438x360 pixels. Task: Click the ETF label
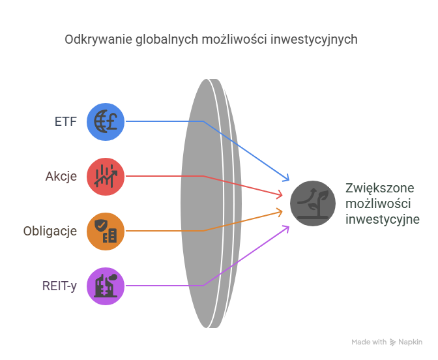click(66, 121)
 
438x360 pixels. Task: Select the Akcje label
click(61, 176)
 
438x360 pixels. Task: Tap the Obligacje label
click(50, 231)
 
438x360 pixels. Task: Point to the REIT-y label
click(58, 286)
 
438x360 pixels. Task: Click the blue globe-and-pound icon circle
click(106, 121)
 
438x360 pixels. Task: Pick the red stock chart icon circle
click(106, 176)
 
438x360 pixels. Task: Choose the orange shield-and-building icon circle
click(106, 231)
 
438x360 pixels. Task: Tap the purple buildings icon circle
click(106, 286)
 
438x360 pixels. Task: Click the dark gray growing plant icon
click(313, 203)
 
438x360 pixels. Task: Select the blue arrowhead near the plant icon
click(285, 177)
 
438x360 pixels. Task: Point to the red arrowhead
click(280, 194)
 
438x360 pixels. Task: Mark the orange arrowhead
click(280, 211)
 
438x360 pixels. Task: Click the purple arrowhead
click(285, 228)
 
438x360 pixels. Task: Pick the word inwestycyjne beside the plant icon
click(382, 219)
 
